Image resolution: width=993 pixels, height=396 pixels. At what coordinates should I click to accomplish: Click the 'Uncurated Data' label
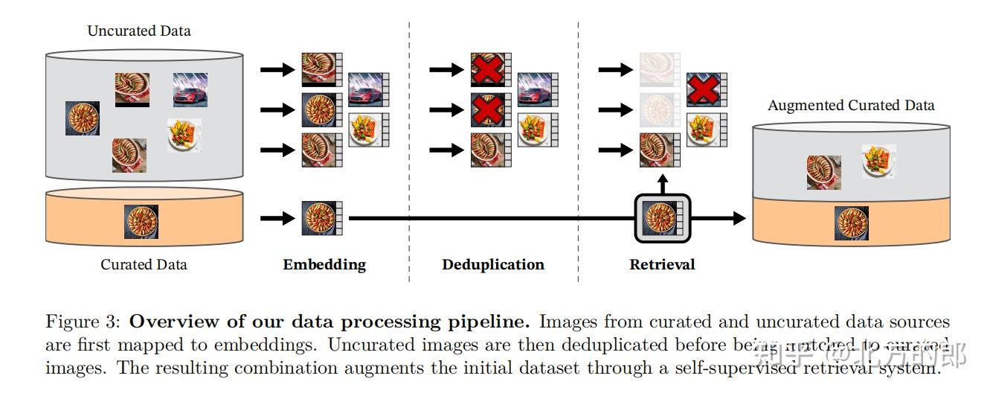139,31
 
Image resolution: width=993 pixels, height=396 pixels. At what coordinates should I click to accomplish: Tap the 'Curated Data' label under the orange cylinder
144,264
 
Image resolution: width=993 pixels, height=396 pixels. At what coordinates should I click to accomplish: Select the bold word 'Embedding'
324,264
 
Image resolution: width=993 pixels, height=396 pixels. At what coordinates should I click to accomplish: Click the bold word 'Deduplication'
492,264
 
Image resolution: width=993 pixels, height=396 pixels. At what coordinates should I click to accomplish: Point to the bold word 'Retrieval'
662,264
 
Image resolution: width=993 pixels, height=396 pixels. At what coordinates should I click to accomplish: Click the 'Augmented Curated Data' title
851,105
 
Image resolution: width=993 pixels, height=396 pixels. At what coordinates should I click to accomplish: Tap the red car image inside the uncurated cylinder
190,90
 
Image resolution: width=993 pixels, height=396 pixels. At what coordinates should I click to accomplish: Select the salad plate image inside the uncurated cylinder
184,135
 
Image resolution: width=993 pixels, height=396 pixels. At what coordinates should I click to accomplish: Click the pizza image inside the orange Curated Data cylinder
141,222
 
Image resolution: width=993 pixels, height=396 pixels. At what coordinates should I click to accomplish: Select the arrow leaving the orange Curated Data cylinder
277,218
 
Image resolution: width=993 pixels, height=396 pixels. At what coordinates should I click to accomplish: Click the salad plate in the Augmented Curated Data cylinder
878,161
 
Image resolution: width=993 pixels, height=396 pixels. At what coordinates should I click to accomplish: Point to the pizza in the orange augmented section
852,223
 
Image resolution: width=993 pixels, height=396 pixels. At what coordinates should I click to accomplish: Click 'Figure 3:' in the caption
82,322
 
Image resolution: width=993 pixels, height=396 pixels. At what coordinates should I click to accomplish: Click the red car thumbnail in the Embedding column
365,89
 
